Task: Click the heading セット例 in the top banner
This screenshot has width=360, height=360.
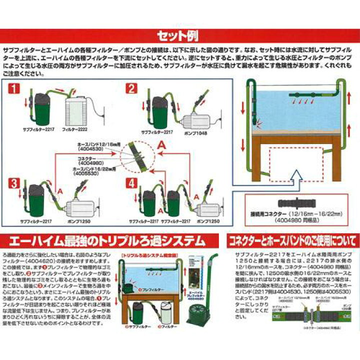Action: click(x=179, y=36)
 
